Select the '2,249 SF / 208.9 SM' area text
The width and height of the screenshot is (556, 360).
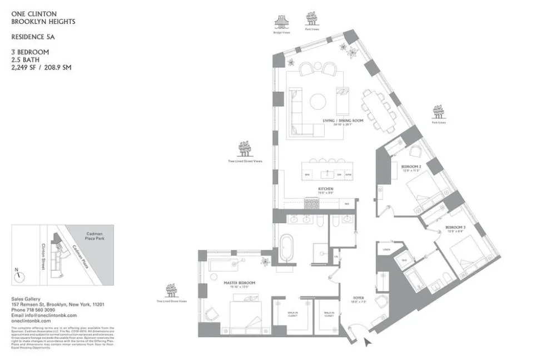(41, 67)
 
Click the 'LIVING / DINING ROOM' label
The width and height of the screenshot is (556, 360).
(342, 121)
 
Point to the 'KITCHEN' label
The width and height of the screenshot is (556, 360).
(325, 190)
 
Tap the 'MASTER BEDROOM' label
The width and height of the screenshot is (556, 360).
(239, 283)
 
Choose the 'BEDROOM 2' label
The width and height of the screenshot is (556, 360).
(411, 167)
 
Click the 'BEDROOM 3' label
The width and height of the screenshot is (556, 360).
(455, 228)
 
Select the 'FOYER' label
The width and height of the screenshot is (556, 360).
(358, 298)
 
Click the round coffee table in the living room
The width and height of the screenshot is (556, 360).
(319, 101)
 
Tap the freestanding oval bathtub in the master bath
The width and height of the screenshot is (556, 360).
(286, 248)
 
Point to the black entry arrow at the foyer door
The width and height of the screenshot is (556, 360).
(366, 342)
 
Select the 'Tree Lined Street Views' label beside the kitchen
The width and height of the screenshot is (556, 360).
(245, 161)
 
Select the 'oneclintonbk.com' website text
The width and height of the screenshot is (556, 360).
(31, 321)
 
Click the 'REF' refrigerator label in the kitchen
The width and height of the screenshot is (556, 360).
(347, 204)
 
